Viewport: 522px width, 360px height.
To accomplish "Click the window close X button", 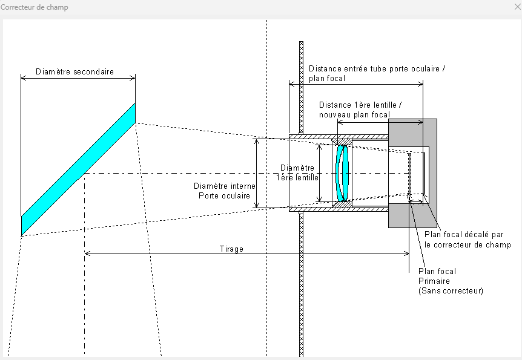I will pyautogui.click(x=516, y=7).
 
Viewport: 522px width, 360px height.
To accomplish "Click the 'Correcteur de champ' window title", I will pyautogui.click(x=35, y=7).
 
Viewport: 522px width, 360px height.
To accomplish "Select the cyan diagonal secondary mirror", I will pyautogui.click(x=79, y=169).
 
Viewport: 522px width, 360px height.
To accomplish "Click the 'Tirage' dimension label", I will pyautogui.click(x=231, y=249).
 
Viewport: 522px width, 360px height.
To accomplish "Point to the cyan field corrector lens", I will pyautogui.click(x=343, y=173).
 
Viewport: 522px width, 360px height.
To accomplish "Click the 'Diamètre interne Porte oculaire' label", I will pyautogui.click(x=225, y=191).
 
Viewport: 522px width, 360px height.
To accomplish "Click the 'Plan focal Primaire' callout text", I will pyautogui.click(x=437, y=276).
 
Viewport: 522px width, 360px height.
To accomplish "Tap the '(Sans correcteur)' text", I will pyautogui.click(x=451, y=291).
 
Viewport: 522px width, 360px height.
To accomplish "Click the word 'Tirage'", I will pyautogui.click(x=231, y=249).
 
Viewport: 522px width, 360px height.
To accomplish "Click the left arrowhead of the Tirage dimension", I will pyautogui.click(x=87, y=253).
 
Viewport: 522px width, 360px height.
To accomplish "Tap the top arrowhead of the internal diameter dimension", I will pyautogui.click(x=256, y=141).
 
